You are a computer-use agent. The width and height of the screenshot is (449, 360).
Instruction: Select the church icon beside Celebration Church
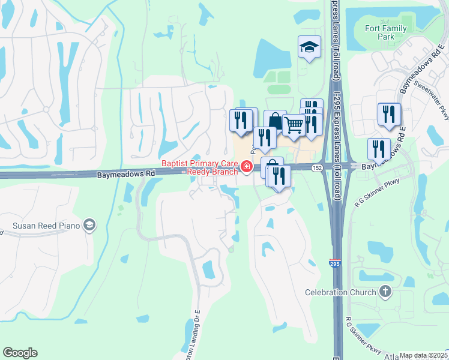[385, 292]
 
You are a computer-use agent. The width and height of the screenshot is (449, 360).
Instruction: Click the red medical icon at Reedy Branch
[246, 166]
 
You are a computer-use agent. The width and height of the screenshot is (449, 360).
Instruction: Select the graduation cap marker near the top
[309, 47]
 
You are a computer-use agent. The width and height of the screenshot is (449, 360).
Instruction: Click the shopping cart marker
[294, 125]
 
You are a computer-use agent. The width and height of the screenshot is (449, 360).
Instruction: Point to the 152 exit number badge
[317, 167]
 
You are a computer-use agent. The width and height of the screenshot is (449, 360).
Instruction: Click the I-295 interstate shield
[334, 262]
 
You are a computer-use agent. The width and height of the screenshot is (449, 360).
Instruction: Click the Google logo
[20, 353]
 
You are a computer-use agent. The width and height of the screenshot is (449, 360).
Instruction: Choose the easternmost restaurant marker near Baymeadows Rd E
[389, 114]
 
